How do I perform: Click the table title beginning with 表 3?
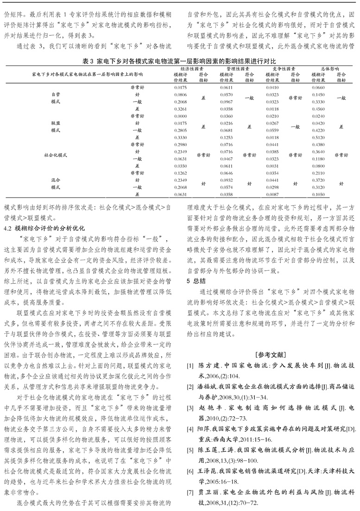pos(179,61)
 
